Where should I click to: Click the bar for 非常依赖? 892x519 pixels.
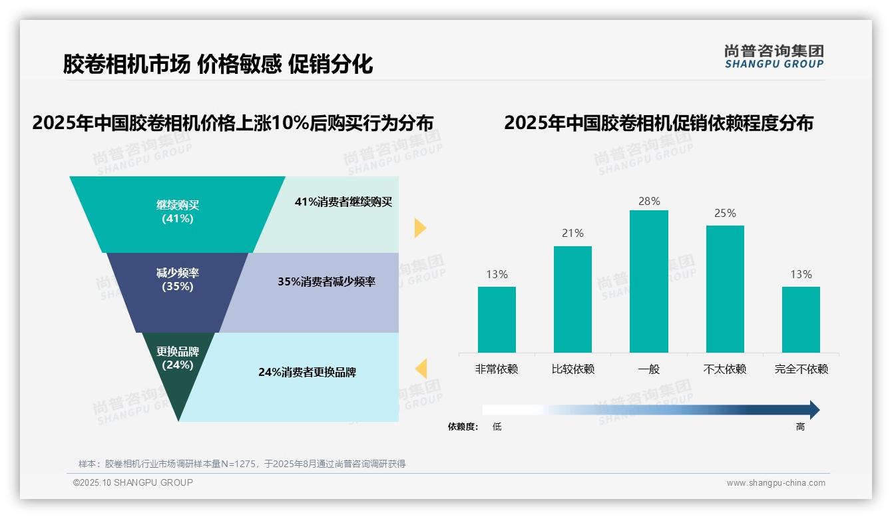[497, 319]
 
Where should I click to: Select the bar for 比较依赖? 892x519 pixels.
[572, 299]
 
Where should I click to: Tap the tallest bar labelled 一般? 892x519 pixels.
[648, 281]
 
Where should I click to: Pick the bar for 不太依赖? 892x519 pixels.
[725, 289]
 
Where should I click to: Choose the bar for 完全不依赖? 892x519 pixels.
[801, 319]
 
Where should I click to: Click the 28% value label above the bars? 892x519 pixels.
[648, 201]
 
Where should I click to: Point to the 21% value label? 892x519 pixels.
[572, 233]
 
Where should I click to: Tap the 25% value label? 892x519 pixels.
[725, 213]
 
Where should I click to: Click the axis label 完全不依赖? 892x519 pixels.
[801, 369]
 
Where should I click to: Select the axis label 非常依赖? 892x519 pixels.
[497, 369]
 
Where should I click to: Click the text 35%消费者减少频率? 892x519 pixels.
[326, 281]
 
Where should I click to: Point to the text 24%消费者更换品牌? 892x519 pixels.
[307, 372]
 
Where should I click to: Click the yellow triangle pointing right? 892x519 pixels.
[419, 228]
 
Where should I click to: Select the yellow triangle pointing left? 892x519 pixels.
[421, 368]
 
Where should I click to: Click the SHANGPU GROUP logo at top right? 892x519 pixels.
[774, 57]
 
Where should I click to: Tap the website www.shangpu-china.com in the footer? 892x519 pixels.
[776, 483]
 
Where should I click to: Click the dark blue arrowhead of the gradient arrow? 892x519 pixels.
[813, 410]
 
